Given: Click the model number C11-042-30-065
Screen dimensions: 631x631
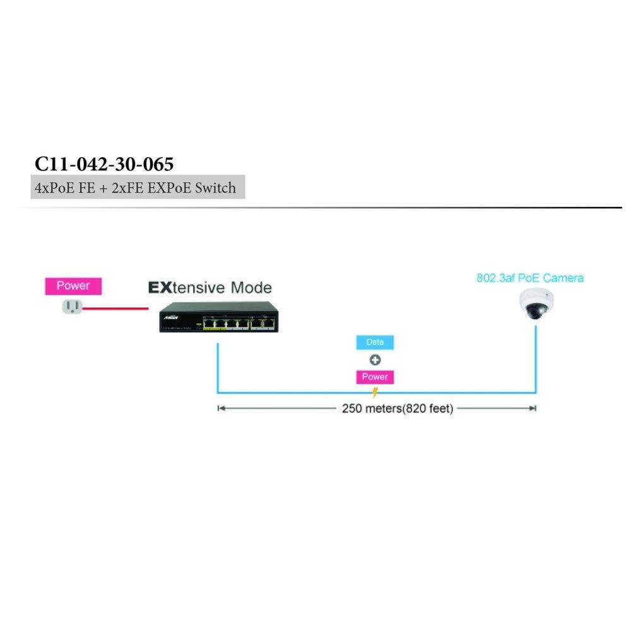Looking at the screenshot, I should coord(104,163).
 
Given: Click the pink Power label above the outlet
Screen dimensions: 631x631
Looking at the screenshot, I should coord(73,286).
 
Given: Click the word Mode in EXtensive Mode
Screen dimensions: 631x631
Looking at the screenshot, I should coord(251,288).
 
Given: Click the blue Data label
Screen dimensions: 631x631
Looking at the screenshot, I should coord(375,343).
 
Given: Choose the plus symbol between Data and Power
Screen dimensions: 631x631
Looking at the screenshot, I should coord(375,360).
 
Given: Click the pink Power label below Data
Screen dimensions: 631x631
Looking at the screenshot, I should coord(375,377).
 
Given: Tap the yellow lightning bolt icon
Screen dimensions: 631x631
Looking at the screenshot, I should coord(375,392).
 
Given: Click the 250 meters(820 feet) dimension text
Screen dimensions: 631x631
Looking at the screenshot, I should coord(398,409).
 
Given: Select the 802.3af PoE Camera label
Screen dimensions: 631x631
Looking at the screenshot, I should coord(530,278).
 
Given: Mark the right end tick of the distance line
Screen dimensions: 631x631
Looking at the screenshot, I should coord(536,409).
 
